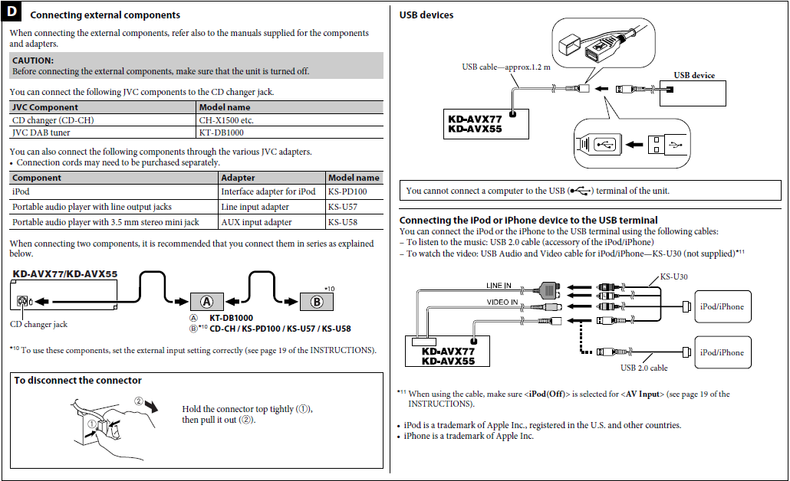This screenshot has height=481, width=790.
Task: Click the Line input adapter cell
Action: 255,207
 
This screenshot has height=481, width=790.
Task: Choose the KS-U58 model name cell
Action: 342,222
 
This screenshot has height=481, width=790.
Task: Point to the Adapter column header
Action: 238,178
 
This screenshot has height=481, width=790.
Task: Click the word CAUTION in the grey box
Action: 32,60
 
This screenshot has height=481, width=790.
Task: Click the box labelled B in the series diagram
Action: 317,301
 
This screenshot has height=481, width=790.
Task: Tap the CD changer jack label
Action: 39,324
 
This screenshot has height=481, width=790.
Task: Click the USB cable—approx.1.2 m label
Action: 506,67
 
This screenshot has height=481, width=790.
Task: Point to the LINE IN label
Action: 499,286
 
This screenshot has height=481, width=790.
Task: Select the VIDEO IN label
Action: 502,303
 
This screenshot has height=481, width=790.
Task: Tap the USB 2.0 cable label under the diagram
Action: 644,368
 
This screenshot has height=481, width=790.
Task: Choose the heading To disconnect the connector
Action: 77,381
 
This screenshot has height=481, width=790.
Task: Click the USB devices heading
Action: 426,15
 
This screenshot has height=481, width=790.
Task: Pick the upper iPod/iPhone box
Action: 722,306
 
